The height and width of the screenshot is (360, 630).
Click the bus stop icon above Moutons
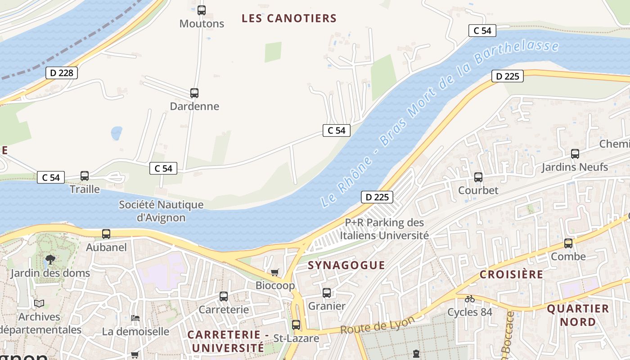click(202, 10)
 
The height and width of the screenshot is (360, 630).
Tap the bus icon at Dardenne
click(194, 93)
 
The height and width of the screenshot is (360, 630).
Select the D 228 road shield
click(62, 73)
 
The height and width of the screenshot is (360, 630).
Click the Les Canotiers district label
click(289, 18)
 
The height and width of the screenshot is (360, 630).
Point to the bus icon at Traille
click(85, 176)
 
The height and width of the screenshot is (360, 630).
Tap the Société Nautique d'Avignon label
click(161, 211)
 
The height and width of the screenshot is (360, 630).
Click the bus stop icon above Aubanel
click(106, 234)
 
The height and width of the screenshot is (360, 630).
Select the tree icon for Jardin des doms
click(50, 259)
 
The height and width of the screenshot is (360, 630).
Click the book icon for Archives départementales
click(39, 304)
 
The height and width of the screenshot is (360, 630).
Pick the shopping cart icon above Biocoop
click(275, 272)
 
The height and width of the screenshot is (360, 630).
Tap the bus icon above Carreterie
click(224, 297)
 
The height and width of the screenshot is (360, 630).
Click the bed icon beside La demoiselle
click(135, 318)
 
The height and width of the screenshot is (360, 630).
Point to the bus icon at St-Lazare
click(296, 325)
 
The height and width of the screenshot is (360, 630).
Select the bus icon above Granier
click(327, 293)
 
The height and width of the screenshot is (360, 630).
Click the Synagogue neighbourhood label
click(346, 265)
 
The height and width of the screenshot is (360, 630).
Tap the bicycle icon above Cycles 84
click(470, 299)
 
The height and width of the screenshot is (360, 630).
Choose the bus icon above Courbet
click(478, 177)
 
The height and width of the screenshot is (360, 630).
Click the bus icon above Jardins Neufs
click(575, 154)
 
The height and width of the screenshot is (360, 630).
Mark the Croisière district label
click(511, 274)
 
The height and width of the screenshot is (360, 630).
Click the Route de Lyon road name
click(377, 325)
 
